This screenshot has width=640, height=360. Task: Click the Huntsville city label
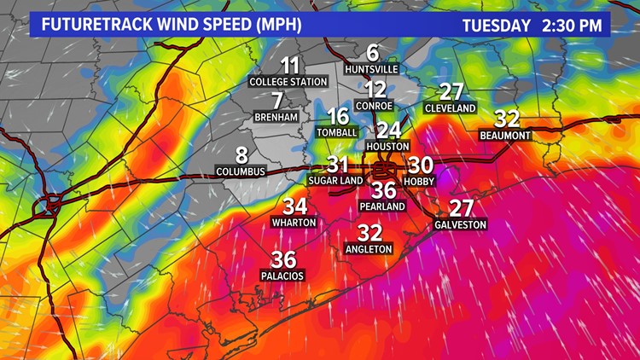(373, 68)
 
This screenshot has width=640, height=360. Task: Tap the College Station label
(288, 82)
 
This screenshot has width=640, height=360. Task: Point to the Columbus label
(241, 171)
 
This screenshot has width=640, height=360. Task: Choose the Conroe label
(375, 106)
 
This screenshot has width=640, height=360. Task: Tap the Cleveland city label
(451, 109)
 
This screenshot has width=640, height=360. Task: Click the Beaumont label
(505, 135)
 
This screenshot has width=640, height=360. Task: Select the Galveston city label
(461, 224)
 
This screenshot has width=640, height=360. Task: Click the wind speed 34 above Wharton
(294, 206)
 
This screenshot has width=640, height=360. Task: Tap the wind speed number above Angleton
(369, 232)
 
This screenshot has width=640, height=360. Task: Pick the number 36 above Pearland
(384, 190)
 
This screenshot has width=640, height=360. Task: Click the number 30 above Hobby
(421, 165)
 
